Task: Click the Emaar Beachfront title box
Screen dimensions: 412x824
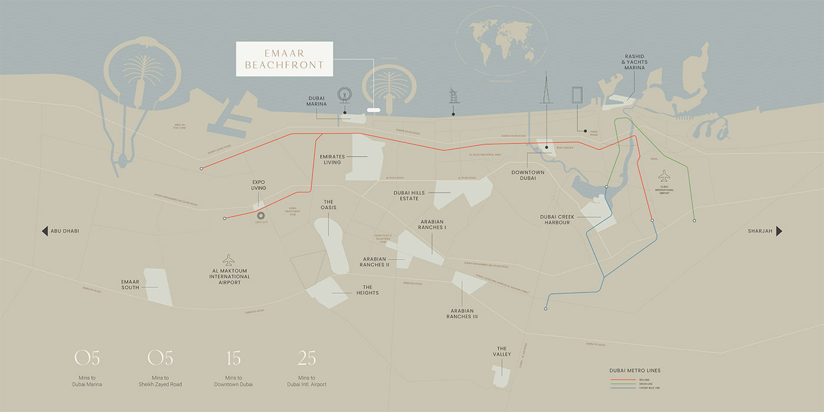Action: tap(284, 59)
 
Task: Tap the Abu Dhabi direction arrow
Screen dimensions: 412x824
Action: tap(45, 231)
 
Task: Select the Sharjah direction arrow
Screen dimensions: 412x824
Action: tap(779, 231)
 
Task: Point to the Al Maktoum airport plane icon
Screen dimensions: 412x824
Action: tap(229, 260)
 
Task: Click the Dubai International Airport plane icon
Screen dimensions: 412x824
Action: tap(664, 176)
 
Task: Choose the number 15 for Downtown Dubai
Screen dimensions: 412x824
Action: tap(233, 358)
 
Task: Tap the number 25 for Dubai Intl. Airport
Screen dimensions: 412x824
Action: tap(307, 358)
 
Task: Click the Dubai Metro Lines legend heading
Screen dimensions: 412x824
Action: tap(635, 370)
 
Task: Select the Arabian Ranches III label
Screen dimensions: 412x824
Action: tap(462, 313)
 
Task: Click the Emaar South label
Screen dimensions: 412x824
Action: tap(131, 284)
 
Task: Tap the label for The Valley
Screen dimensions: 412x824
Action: tap(501, 351)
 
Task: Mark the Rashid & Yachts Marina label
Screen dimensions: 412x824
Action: tap(635, 62)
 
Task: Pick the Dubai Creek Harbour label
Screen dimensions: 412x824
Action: tap(557, 220)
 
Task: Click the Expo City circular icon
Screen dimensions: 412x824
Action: tap(261, 216)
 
